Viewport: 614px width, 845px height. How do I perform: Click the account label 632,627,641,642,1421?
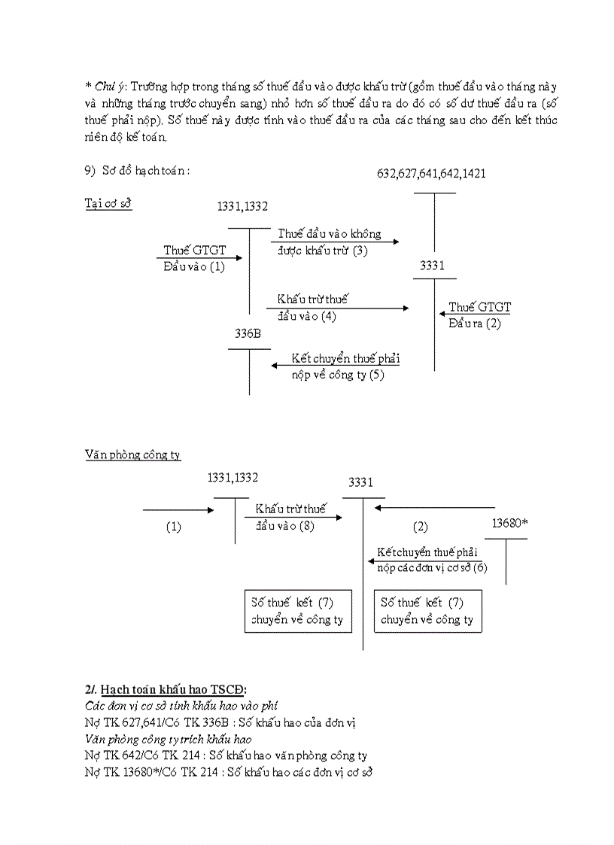coord(431,174)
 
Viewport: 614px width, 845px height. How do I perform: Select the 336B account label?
coord(248,334)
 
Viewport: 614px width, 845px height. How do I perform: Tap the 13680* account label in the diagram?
coord(509,523)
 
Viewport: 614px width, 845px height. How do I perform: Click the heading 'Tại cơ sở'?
coord(108,204)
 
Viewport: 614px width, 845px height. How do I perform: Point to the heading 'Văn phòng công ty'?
coord(132,455)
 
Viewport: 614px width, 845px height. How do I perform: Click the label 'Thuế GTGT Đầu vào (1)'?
coord(194,258)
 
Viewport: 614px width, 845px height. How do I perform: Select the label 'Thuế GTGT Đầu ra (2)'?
coord(479,315)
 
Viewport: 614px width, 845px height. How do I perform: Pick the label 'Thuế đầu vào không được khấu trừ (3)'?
coord(330,242)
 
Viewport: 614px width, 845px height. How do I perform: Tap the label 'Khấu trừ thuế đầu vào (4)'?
coord(312,307)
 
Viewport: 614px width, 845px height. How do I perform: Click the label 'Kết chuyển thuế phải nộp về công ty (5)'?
coord(345,366)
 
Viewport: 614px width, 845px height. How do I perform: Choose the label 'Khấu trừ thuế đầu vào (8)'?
coord(290,517)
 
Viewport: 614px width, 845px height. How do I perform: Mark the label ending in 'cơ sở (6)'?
coord(432,560)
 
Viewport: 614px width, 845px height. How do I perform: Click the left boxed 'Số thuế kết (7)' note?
coord(298,611)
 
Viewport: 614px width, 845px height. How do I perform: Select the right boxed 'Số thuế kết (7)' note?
coord(427,611)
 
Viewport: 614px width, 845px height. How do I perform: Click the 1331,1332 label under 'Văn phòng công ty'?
coord(233,478)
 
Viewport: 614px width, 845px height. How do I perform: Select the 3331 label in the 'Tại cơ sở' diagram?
coord(432,266)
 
